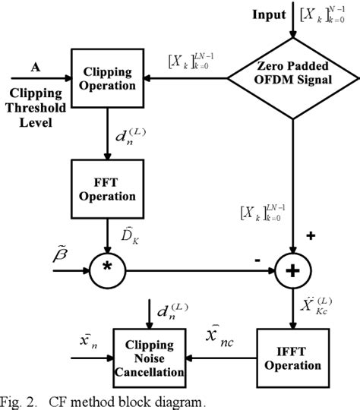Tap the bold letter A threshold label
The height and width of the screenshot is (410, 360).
coord(35,66)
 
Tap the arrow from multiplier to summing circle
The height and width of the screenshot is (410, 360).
coord(197,269)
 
